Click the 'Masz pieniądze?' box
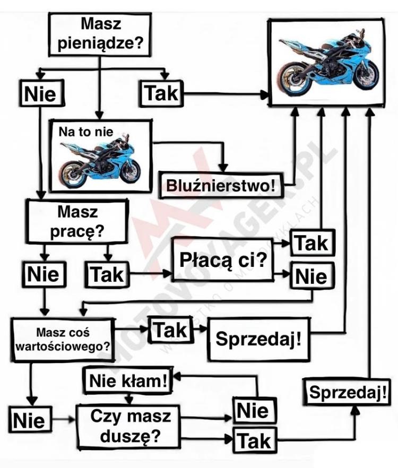[100, 34]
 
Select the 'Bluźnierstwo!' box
[221, 185]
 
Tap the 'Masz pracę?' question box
[78, 221]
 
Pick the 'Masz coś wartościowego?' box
[64, 340]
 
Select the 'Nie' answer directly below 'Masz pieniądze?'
[40, 93]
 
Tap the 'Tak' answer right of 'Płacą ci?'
[312, 243]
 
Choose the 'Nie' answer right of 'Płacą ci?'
[312, 276]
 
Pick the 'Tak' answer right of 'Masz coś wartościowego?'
[170, 330]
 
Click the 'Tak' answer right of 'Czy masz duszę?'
[254, 440]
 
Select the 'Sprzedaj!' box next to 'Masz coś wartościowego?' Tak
[258, 339]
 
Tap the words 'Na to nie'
[86, 132]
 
